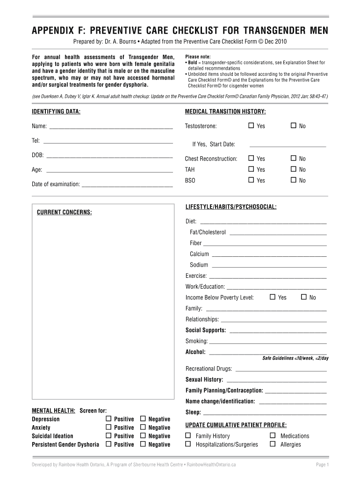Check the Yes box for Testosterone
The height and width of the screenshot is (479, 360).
point(251,126)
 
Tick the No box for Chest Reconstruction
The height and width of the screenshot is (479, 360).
point(293,159)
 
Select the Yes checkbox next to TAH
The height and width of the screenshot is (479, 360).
point(251,169)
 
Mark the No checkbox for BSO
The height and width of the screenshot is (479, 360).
point(293,180)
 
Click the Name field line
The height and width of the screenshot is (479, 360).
point(111,126)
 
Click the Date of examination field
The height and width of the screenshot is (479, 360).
point(127,184)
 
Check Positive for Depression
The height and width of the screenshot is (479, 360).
point(109,419)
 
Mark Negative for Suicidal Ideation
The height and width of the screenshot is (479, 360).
point(143,435)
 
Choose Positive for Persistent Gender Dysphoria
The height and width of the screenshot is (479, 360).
point(109,444)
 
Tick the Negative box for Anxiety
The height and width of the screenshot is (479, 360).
point(143,427)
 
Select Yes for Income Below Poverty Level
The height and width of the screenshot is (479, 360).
point(273,297)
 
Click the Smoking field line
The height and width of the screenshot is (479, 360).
point(268,341)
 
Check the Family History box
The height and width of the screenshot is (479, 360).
point(188,435)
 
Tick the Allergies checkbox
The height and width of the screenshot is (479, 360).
point(273,444)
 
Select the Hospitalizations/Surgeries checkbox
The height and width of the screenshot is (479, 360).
point(188,444)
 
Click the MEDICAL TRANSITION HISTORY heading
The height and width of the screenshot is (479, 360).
point(225,112)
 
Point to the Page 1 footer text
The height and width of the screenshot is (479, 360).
point(323,464)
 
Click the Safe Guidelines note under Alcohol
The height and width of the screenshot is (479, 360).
point(295,358)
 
